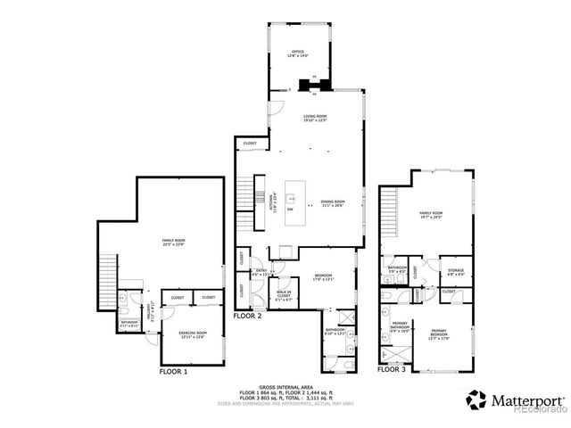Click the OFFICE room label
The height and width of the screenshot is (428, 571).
[298, 55]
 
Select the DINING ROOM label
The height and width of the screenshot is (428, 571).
[333, 203]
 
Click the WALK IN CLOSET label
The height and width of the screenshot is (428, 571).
[285, 295]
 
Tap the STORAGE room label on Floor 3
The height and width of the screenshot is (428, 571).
[456, 273]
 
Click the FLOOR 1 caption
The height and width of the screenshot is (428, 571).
[173, 370]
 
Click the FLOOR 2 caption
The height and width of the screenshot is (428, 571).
[246, 316]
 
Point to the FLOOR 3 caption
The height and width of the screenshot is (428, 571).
[391, 368]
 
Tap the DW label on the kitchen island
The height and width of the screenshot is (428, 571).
[302, 210]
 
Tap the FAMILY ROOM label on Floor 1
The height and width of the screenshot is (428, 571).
[172, 243]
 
